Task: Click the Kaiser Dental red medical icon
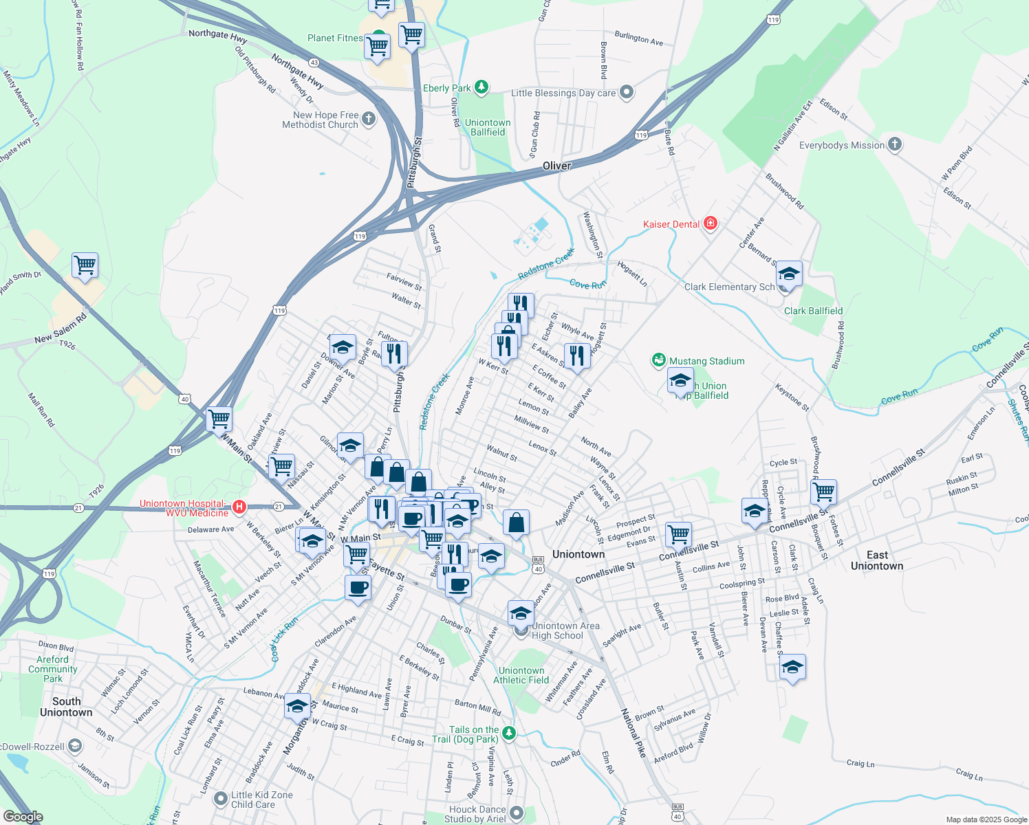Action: pyautogui.click(x=711, y=223)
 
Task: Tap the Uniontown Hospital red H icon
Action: pyautogui.click(x=239, y=507)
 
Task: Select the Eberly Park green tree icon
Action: pyautogui.click(x=481, y=87)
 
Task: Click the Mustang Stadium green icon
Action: pyautogui.click(x=659, y=360)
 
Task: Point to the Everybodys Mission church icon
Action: pyautogui.click(x=894, y=144)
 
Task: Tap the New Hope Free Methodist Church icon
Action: pyautogui.click(x=369, y=120)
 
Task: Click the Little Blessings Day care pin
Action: pyautogui.click(x=626, y=92)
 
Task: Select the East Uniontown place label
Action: pyautogui.click(x=877, y=560)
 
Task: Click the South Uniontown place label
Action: pyautogui.click(x=66, y=707)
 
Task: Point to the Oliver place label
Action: pyautogui.click(x=556, y=166)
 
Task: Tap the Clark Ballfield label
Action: pyautogui.click(x=813, y=311)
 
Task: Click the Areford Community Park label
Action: pyautogui.click(x=53, y=669)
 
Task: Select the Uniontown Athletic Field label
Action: pyautogui.click(x=521, y=675)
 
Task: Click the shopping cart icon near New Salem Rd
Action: pyautogui.click(x=85, y=265)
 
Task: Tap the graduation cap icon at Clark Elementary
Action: pyautogui.click(x=789, y=274)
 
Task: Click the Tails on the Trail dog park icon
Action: pyautogui.click(x=508, y=733)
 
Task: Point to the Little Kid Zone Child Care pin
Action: pyautogui.click(x=221, y=799)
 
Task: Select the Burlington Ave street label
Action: pyautogui.click(x=638, y=38)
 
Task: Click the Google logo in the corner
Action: pyautogui.click(x=23, y=816)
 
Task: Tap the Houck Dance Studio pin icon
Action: pyautogui.click(x=517, y=814)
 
